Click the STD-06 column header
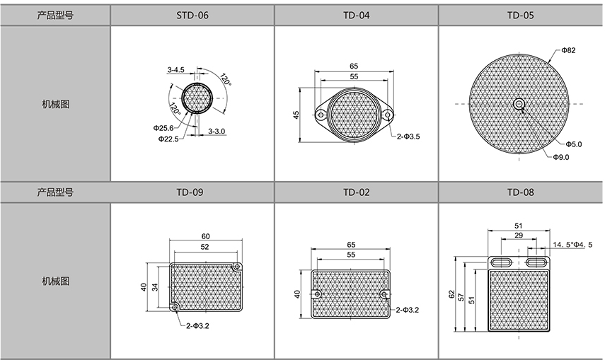192,16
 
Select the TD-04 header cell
356,16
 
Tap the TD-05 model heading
521,16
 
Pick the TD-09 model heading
190,192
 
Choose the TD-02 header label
356,192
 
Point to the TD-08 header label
521,192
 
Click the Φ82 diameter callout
568,50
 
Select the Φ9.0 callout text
560,157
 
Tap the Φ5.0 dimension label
574,144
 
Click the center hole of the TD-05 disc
519,104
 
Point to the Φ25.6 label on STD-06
163,128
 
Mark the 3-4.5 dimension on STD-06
175,70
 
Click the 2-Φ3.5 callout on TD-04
408,137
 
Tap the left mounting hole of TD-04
320,115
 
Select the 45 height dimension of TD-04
296,115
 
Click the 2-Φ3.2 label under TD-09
197,326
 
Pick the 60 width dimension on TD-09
206,236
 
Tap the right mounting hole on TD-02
384,294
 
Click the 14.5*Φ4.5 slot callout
572,245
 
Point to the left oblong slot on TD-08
502,262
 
